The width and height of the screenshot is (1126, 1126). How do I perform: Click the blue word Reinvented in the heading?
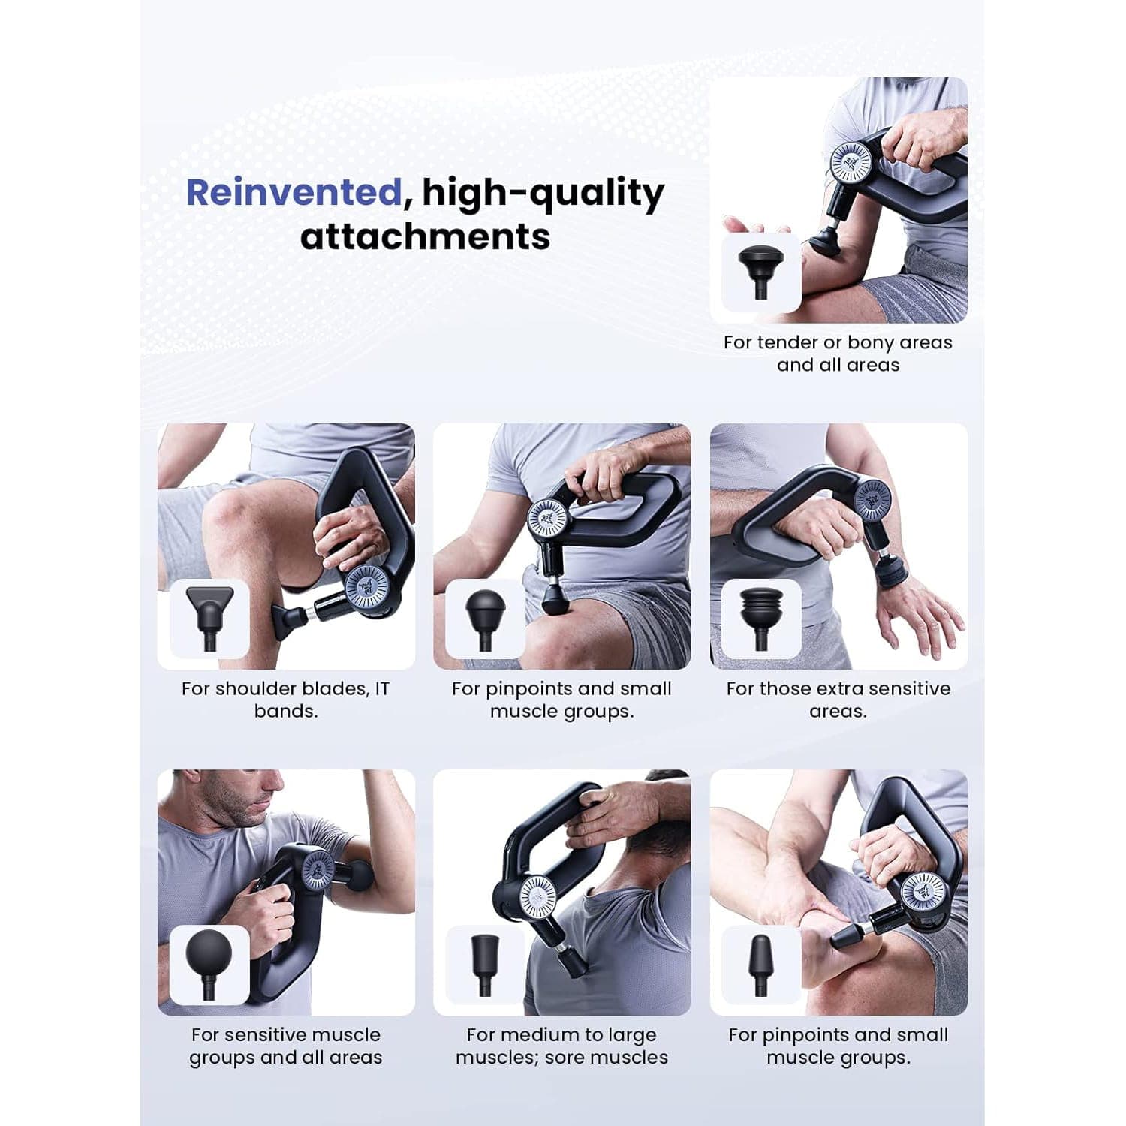294,192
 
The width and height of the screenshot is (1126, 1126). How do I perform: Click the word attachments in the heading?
425,236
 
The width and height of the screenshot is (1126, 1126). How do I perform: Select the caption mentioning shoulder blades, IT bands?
285,700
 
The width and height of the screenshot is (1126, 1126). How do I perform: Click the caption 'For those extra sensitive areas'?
838,700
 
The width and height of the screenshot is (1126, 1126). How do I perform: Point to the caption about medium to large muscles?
561,1046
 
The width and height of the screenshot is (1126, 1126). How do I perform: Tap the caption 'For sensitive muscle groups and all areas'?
286,1046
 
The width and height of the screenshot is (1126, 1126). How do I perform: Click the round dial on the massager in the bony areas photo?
851,162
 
